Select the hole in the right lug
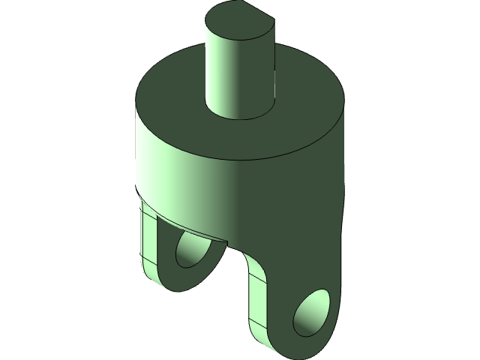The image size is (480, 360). (x=311, y=310)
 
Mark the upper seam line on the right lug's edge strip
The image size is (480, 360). (x=257, y=278)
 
